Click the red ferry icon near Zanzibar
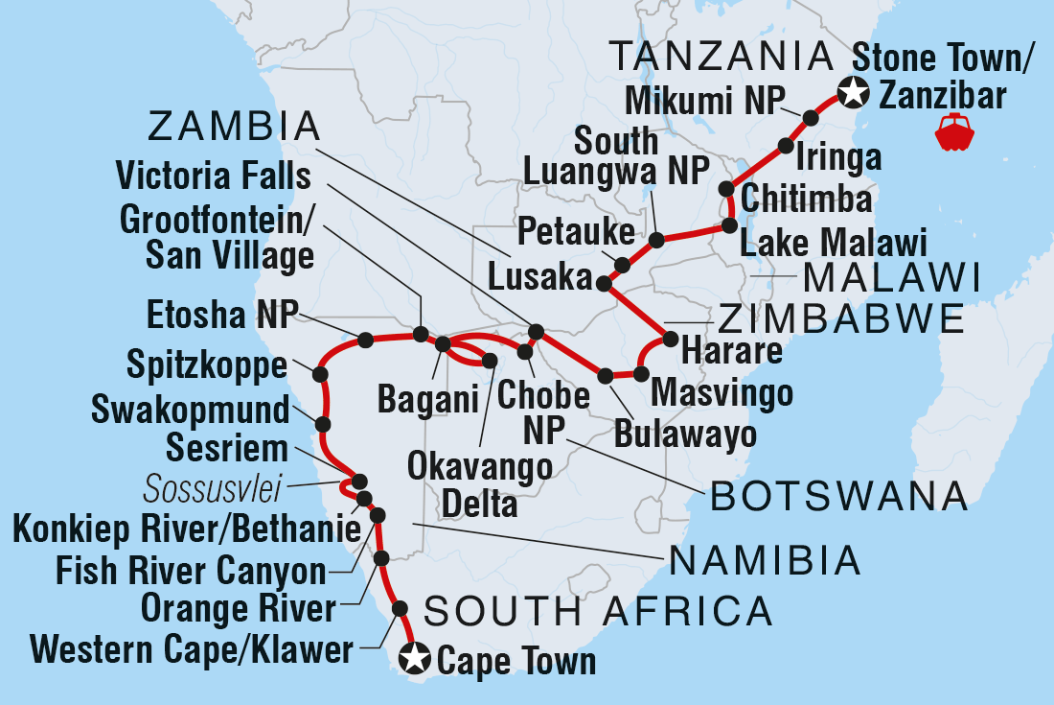point(954,131)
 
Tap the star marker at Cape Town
point(414,659)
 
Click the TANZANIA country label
point(722,57)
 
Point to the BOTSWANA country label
point(836,496)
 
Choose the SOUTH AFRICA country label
point(598,610)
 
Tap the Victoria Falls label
point(213,176)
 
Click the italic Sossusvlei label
point(212,491)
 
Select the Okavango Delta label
point(480,484)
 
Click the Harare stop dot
point(671,339)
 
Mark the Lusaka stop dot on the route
point(604,283)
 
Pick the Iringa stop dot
point(786,147)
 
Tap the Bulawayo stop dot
point(605,375)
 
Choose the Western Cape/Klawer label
point(192,650)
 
